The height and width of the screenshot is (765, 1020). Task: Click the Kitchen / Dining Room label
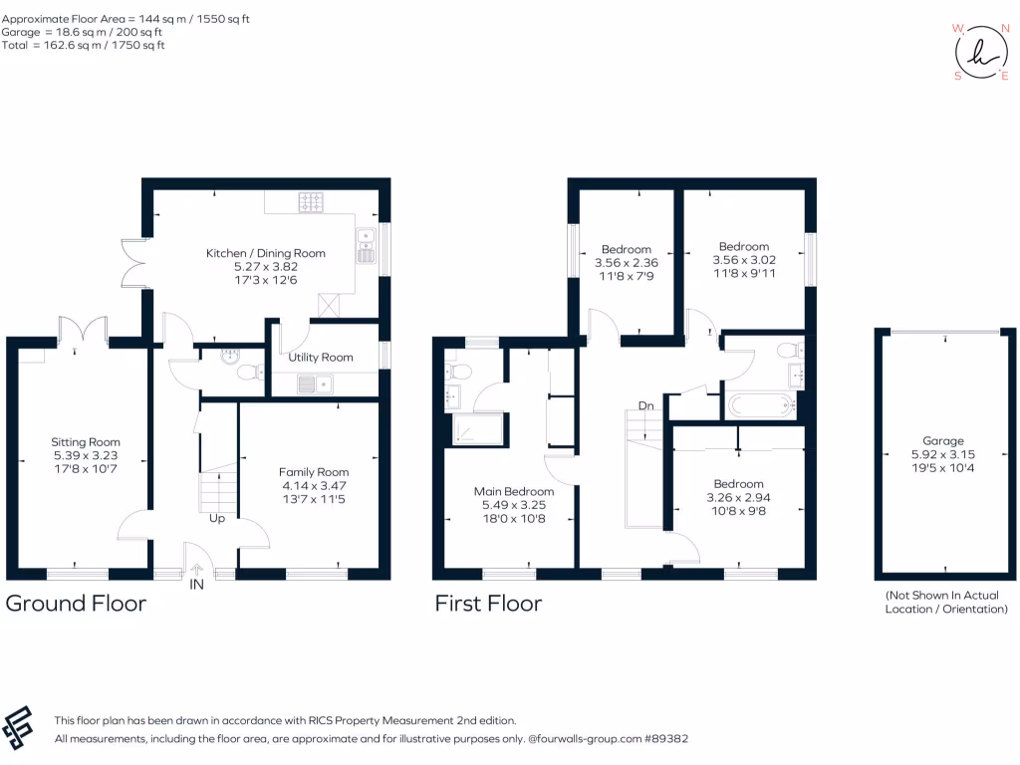(x=265, y=253)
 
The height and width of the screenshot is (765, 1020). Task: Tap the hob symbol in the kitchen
(x=311, y=202)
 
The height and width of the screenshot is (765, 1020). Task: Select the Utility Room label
(x=321, y=358)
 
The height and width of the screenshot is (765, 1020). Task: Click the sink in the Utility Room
(x=316, y=383)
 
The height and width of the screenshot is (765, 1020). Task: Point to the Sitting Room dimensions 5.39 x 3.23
(x=86, y=455)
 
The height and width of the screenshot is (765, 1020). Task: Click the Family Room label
(x=314, y=471)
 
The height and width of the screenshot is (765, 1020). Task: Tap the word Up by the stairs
(x=217, y=518)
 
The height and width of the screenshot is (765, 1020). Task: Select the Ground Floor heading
(x=76, y=603)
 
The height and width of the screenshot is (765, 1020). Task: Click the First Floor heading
(x=488, y=603)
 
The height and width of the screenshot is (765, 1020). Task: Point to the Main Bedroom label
(x=514, y=491)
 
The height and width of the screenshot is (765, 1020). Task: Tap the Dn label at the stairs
(x=645, y=406)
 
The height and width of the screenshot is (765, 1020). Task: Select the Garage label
(x=943, y=441)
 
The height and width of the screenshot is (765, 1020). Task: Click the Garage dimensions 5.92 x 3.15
(x=943, y=454)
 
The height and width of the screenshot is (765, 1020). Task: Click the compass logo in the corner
(x=981, y=52)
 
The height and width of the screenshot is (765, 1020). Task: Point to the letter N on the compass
(x=1005, y=29)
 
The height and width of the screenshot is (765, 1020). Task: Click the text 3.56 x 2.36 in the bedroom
(x=627, y=263)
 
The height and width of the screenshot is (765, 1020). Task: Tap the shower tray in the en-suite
(x=477, y=429)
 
